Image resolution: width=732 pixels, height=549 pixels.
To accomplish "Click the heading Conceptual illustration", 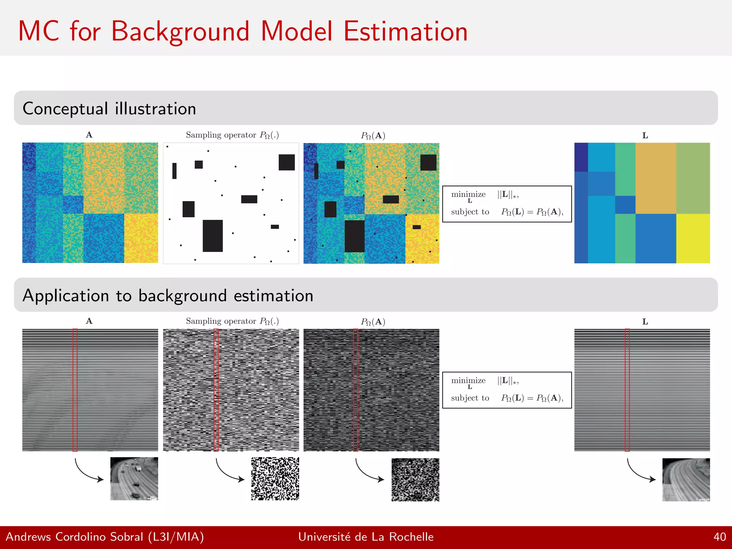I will point(109,109).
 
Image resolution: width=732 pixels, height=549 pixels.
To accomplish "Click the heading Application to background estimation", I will point(168,296).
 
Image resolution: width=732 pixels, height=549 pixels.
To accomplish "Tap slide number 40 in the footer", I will point(719,537).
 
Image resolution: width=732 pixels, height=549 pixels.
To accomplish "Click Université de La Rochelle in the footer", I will point(366,537).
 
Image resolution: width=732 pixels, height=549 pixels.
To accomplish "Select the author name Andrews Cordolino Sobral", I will point(74,537).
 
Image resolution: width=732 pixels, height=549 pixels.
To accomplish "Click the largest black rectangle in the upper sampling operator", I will point(213,236).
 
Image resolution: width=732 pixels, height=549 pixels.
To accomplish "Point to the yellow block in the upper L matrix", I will point(693,238).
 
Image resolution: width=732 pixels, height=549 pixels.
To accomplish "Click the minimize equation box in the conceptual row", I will point(507,204).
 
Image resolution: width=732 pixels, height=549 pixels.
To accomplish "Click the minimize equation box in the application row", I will point(507,390).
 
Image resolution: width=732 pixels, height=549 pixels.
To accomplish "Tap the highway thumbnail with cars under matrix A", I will point(134,479).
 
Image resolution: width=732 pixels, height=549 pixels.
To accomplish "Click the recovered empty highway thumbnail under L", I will point(686,479).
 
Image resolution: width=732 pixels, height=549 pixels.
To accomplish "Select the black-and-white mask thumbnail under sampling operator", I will point(275,479).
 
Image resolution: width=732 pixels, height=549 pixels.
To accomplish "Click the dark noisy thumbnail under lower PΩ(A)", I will point(415,479).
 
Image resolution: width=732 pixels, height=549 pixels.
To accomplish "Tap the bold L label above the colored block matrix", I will point(645,135).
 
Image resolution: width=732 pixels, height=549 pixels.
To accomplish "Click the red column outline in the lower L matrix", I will point(627,390).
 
